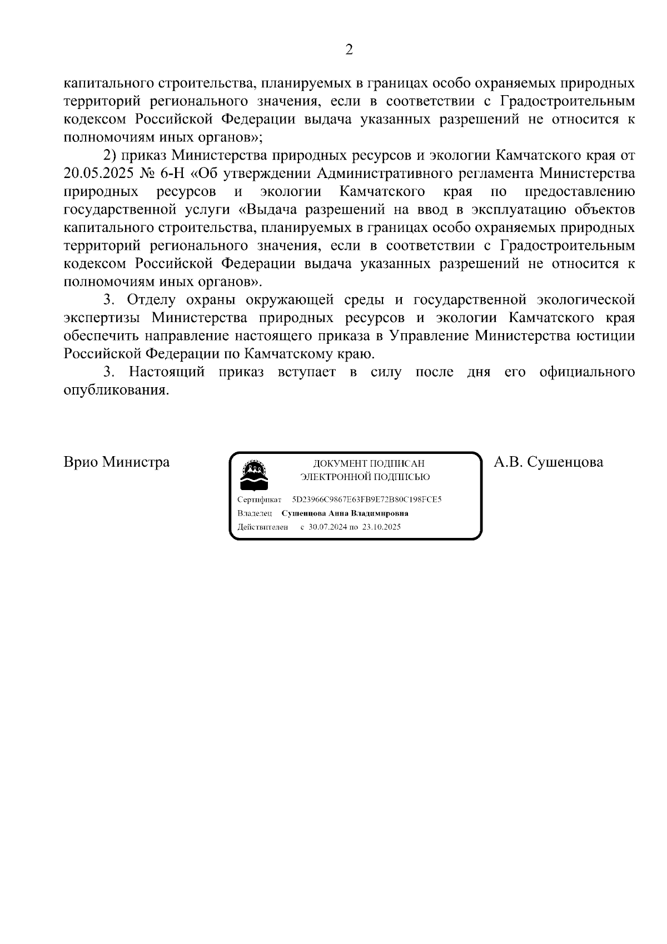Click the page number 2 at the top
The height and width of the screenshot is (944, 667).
pos(349,50)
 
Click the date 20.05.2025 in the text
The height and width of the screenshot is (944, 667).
pos(96,174)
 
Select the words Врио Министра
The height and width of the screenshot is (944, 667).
pos(117,462)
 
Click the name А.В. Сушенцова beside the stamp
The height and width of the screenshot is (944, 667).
pos(548,462)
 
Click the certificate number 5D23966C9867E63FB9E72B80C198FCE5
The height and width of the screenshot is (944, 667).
pos(367,500)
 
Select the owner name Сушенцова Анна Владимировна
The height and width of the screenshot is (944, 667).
pos(345,513)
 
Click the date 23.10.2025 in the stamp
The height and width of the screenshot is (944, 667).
pos(381,527)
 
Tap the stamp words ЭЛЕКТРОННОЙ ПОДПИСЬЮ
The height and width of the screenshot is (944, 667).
pos(365,477)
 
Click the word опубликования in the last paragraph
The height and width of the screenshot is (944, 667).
pos(116,391)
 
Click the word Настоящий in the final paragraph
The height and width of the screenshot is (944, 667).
pos(166,372)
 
